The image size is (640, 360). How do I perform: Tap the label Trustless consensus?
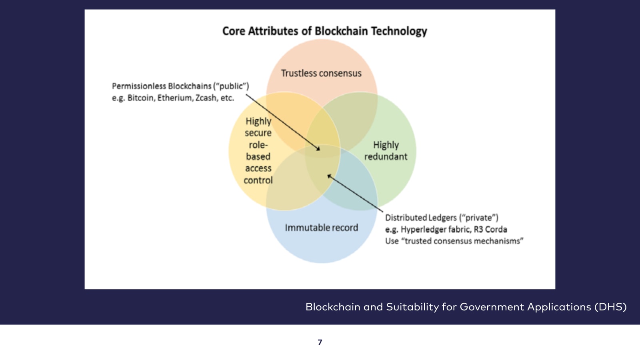tap(321, 73)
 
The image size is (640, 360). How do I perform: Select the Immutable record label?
tap(321, 228)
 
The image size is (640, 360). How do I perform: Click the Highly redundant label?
tap(386, 151)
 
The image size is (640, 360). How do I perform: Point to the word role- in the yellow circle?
tap(258, 145)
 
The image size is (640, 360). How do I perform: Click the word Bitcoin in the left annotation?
tap(141, 98)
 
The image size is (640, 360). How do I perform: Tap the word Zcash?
tap(206, 98)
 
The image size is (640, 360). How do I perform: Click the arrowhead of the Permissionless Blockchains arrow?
tap(318, 149)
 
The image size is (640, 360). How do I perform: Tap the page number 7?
tap(320, 342)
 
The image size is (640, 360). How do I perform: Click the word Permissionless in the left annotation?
tap(139, 86)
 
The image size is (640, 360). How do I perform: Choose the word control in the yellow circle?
tap(258, 180)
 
